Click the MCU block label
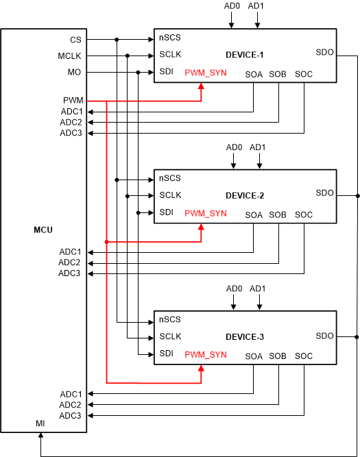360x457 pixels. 43,229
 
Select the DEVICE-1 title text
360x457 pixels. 245,54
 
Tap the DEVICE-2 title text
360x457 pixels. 245,195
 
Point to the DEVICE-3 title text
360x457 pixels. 245,336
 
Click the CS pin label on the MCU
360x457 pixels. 75,40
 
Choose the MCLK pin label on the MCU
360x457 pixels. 71,56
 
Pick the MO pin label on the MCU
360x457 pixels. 75,73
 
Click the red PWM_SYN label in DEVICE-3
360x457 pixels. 205,354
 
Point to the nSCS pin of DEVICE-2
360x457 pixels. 169,178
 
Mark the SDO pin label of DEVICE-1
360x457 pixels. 324,51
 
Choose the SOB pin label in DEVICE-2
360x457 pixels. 278,214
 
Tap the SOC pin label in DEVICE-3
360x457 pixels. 303,356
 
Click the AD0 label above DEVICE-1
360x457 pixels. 232,6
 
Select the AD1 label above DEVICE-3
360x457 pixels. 259,288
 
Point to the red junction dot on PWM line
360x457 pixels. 106,241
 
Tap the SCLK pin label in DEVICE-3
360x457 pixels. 170,336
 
